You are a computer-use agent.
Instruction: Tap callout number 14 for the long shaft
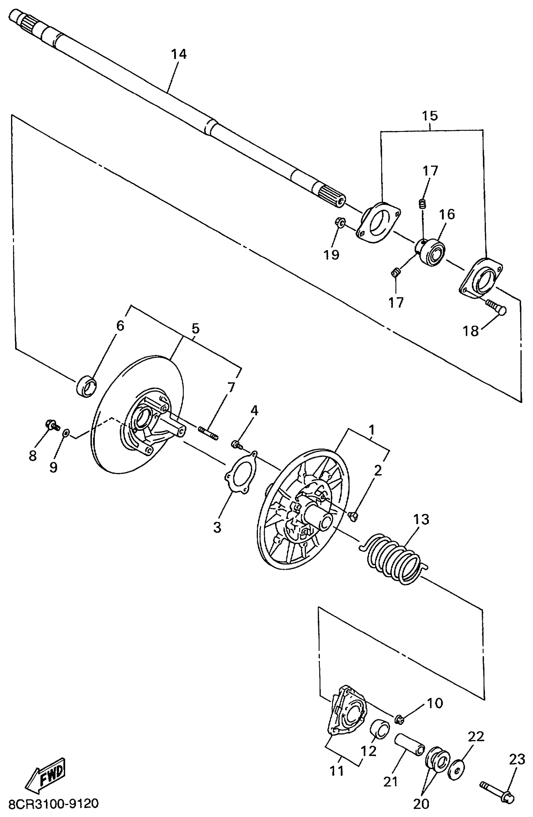coord(179,54)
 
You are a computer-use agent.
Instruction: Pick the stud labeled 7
coord(208,432)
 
